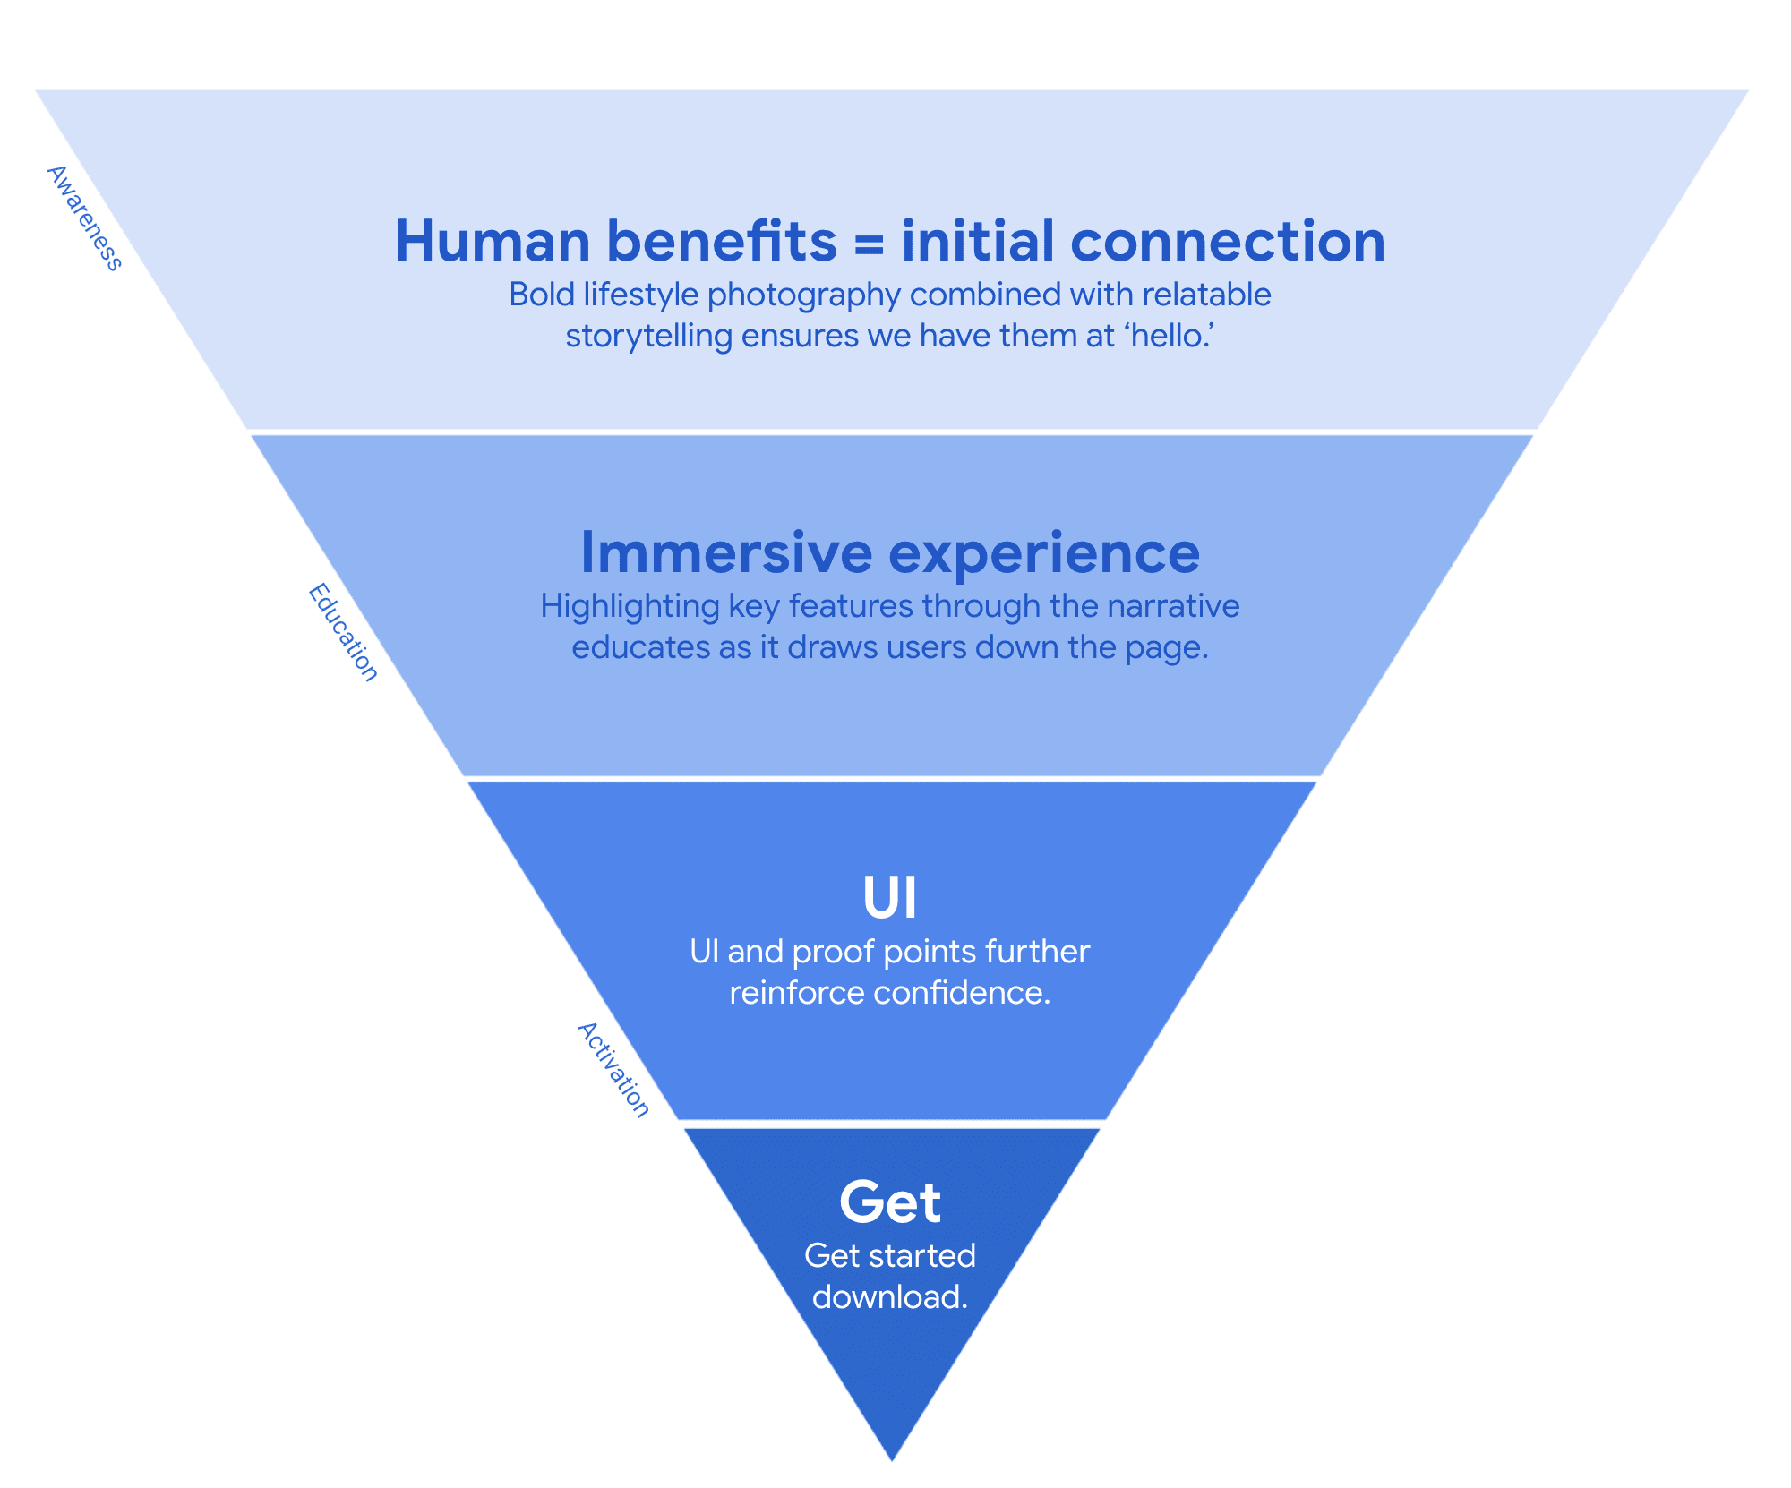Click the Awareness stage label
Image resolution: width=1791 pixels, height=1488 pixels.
(x=84, y=218)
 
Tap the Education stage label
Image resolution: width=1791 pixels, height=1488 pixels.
(x=344, y=632)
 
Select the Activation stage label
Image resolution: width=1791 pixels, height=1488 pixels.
(x=614, y=1069)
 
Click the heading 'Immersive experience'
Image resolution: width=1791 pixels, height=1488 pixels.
(x=890, y=552)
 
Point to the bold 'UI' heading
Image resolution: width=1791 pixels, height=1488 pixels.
(x=890, y=897)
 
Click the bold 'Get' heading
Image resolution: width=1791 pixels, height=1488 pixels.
(x=890, y=1202)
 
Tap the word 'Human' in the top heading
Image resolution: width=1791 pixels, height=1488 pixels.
(x=493, y=242)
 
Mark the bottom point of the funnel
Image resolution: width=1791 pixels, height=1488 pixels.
(x=892, y=1458)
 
